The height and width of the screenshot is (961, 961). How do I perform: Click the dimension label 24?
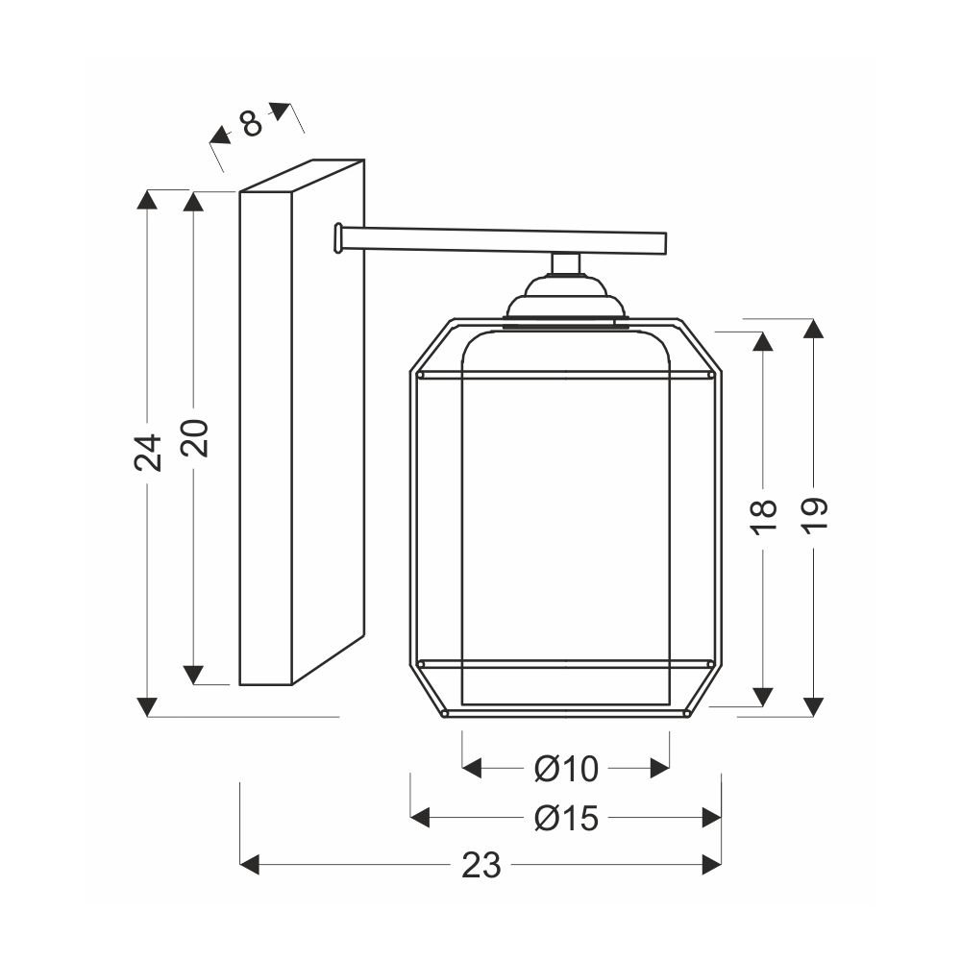(148, 453)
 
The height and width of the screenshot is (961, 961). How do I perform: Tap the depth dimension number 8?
(251, 124)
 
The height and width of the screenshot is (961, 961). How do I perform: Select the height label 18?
(764, 518)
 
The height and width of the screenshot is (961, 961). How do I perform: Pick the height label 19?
(815, 517)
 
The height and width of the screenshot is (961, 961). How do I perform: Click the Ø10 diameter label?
(566, 769)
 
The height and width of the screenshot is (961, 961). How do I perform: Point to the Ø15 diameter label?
(566, 818)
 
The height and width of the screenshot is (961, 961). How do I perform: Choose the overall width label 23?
(481, 866)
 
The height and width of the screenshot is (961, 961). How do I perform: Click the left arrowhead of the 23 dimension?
(250, 866)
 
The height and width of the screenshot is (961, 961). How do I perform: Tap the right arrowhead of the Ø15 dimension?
(711, 818)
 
